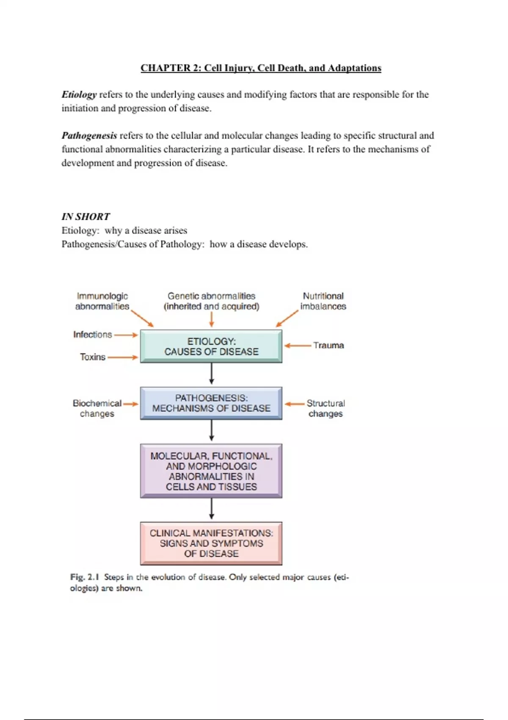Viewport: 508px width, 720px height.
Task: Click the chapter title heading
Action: [261, 68]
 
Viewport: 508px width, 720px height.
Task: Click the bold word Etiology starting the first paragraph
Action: [79, 94]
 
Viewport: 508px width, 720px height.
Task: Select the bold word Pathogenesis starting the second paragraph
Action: [89, 136]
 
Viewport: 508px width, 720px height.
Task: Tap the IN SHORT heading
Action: [86, 217]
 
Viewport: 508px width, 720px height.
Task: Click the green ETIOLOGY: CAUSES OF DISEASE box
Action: [211, 346]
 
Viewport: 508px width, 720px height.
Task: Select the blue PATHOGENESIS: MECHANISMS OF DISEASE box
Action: [211, 403]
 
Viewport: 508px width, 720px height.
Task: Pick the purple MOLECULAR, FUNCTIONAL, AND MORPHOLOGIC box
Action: [211, 471]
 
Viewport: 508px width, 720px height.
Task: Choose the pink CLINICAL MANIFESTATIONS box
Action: [211, 543]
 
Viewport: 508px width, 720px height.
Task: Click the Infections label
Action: [92, 335]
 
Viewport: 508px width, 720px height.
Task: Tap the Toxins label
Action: [92, 357]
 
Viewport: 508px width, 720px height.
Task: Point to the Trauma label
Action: [329, 345]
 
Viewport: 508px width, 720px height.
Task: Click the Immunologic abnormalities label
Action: [102, 301]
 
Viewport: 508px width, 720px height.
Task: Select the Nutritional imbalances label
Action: [323, 301]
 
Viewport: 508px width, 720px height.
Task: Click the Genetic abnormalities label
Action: [211, 301]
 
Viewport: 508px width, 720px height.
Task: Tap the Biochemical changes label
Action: [97, 408]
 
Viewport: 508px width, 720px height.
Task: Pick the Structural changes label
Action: [326, 408]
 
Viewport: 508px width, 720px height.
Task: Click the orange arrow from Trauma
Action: [298, 346]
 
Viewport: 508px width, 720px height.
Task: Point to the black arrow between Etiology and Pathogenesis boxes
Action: [211, 374]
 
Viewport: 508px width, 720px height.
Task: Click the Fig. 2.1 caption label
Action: [84, 577]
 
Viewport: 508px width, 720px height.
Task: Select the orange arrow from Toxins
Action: [122, 357]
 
